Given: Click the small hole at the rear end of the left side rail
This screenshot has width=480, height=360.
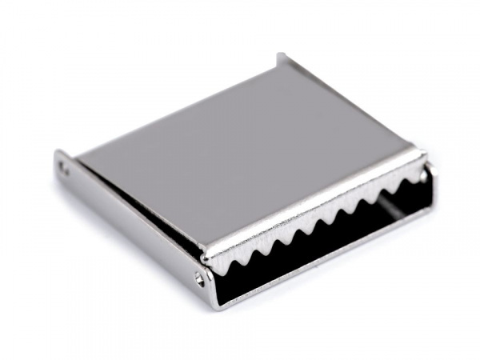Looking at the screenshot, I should (65, 167).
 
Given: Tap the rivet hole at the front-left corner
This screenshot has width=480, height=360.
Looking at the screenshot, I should (199, 277).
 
